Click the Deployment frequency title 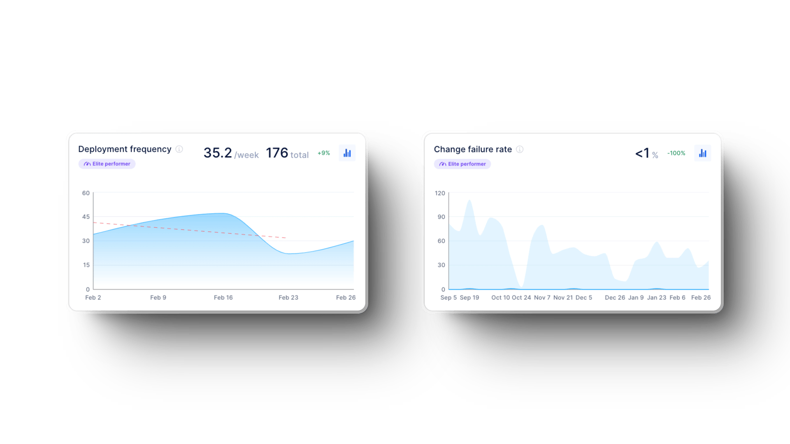tap(125, 149)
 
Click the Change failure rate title tap(473, 149)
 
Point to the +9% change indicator tap(324, 153)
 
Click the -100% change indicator tap(676, 153)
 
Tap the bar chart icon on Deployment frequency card tap(347, 153)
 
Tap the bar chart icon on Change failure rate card tap(702, 153)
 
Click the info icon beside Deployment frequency tap(179, 149)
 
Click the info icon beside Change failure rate tap(520, 149)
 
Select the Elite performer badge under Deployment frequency tap(107, 164)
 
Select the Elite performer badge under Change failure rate tap(462, 164)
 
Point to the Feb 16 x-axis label tap(223, 297)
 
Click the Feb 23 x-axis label tap(288, 297)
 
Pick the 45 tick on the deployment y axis tap(86, 217)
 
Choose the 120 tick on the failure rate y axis tap(440, 193)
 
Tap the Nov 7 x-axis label tap(542, 297)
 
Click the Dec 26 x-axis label tap(615, 297)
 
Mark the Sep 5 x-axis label tap(448, 297)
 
